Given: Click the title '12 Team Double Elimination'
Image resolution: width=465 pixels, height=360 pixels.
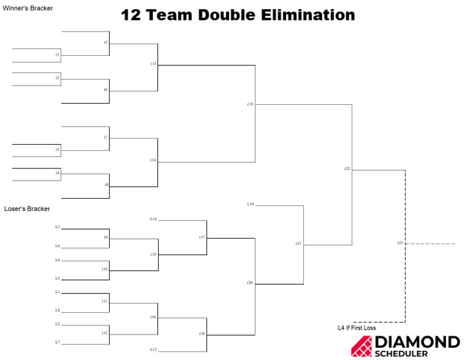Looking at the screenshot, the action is (237, 15).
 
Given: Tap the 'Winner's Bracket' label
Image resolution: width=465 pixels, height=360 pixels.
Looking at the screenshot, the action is (28, 8).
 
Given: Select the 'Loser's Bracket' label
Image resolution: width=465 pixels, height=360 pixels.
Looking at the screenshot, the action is (27, 208).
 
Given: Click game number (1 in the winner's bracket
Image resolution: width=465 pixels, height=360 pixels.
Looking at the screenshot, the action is (58, 55).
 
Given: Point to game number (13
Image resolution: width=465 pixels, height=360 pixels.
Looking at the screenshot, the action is (153, 64).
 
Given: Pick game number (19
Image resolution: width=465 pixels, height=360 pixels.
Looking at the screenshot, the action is (250, 104).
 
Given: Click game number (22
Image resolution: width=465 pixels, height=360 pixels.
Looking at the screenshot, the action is (347, 168).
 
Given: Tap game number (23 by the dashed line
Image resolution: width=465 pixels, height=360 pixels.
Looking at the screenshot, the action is (400, 243).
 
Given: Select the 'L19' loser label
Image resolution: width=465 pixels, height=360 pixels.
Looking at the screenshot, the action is (250, 204).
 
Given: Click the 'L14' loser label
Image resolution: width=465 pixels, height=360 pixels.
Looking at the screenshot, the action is (153, 218).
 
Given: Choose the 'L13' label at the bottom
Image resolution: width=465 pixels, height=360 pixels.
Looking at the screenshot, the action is (153, 350).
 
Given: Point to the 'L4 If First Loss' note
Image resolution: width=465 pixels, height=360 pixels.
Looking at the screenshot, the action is (357, 328).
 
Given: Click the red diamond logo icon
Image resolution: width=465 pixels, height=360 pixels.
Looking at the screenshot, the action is (361, 346).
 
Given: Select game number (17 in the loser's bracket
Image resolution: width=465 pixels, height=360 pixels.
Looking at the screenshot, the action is (202, 237).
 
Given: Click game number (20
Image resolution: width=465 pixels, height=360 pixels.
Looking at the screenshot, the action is (249, 283).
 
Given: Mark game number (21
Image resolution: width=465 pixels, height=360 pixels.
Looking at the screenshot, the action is (298, 243).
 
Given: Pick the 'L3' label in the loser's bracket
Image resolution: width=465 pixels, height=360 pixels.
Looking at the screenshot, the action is (58, 227).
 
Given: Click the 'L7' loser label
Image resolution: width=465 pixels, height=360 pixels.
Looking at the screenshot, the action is (58, 342).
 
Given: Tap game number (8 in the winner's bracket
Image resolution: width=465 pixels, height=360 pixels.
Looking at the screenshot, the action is (106, 185).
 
